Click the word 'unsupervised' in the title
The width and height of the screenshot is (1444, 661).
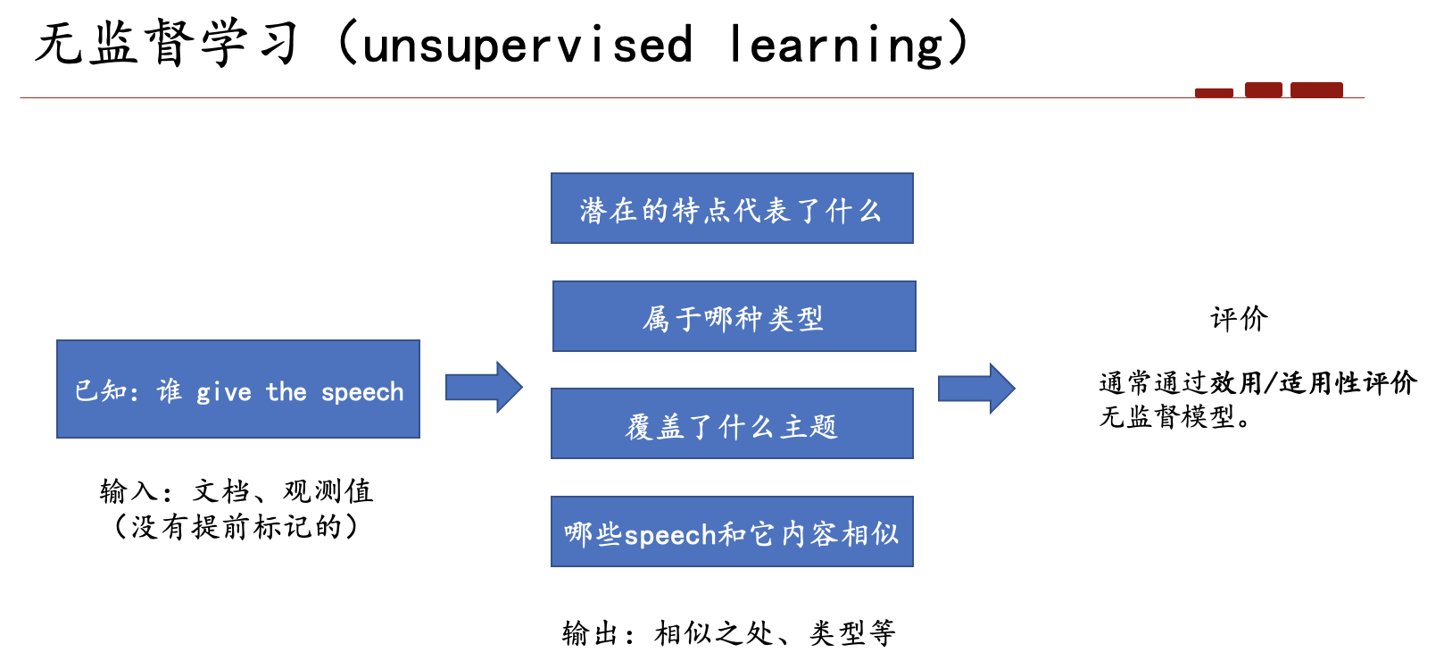pos(528,46)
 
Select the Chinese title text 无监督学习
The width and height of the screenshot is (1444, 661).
pos(167,43)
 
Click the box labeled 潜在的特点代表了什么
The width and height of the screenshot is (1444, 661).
pos(733,208)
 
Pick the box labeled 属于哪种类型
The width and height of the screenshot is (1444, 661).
pos(734,316)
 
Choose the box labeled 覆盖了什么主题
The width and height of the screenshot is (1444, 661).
pos(733,423)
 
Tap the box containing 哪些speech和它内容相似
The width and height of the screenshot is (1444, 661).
pos(733,531)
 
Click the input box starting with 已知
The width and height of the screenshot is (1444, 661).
pos(238,389)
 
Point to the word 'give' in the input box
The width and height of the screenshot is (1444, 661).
pos(224,392)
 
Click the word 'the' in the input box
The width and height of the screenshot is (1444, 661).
pos(286,391)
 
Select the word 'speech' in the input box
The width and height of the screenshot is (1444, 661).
pos(362,392)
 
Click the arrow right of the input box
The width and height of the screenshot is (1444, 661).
pos(484,388)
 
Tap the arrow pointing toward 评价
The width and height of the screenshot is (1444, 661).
pos(976,388)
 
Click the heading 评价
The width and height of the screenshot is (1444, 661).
pos(1239,319)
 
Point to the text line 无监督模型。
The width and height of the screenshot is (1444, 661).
pos(1175,416)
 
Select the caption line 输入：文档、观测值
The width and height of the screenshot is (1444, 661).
pos(237,491)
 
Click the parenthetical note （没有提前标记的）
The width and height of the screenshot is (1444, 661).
pos(236,527)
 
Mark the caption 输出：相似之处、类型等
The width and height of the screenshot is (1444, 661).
pos(728,633)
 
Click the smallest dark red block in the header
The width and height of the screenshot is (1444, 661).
pos(1214,93)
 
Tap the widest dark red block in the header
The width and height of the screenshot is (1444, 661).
pos(1316,89)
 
